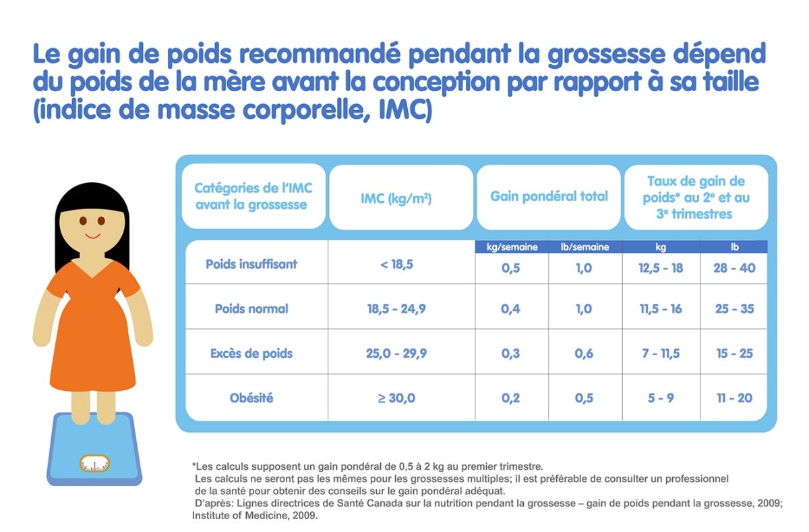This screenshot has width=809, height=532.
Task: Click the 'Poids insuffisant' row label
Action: tap(251, 265)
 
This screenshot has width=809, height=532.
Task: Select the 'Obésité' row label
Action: tap(251, 398)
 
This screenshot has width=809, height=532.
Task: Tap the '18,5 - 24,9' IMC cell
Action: tap(396, 309)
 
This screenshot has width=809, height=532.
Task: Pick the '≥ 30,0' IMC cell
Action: tap(396, 398)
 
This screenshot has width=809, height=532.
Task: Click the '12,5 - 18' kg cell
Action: tap(661, 268)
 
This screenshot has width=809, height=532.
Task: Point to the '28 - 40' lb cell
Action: tap(734, 268)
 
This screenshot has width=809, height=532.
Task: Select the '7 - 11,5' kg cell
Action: tap(661, 353)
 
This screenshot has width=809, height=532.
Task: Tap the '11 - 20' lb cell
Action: tap(734, 398)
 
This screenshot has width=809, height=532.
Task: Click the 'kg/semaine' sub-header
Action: tap(512, 247)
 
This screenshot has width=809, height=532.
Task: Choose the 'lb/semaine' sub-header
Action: tap(585, 247)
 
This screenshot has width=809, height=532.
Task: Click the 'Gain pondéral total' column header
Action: tap(549, 196)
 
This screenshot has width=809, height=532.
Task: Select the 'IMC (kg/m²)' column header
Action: tap(396, 198)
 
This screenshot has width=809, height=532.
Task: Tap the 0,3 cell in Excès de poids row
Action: tap(510, 353)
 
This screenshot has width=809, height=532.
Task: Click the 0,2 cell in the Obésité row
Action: tap(510, 398)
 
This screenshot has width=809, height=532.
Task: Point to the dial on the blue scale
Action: tap(94, 464)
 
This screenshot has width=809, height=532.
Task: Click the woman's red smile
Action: tap(92, 236)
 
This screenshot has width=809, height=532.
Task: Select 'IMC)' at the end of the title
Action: tap(405, 110)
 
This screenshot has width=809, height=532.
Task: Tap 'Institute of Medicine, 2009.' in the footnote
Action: tap(255, 515)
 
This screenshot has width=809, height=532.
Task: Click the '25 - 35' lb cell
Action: tap(734, 309)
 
